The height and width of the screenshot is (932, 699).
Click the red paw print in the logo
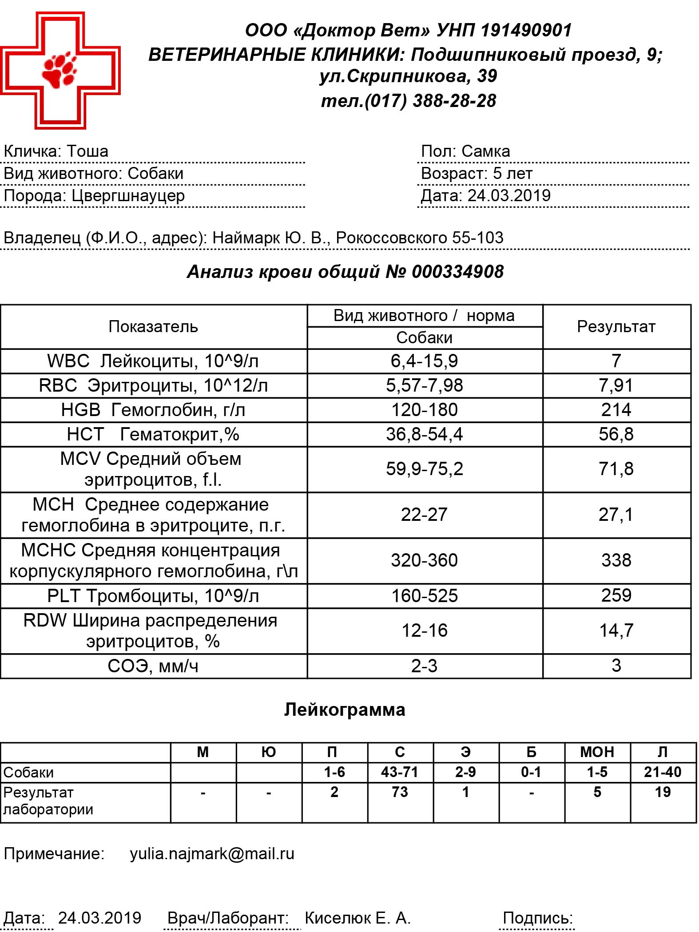tap(59, 69)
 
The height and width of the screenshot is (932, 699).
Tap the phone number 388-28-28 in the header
tap(454, 101)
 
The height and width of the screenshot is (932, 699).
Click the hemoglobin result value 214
tap(616, 410)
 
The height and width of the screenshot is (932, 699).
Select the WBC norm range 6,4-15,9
tap(424, 361)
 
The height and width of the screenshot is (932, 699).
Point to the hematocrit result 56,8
tap(616, 434)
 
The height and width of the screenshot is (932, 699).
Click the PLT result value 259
tap(616, 595)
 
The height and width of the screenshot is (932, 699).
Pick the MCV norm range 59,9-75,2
tap(424, 469)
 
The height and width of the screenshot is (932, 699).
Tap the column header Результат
tap(616, 327)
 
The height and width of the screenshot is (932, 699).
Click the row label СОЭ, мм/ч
tap(153, 666)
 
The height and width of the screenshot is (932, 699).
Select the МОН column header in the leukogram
tap(597, 752)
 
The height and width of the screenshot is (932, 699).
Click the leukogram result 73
tap(400, 792)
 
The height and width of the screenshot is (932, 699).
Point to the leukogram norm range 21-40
tap(663, 772)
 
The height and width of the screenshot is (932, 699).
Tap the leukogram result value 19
tap(663, 792)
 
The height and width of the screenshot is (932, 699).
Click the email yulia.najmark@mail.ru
tap(212, 853)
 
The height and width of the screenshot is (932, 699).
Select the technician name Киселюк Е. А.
tap(357, 918)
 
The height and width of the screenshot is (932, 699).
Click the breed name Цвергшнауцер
tap(128, 196)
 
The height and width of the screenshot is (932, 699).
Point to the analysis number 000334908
tap(458, 272)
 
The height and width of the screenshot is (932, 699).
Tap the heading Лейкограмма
tap(345, 710)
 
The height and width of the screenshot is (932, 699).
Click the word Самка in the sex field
tap(485, 151)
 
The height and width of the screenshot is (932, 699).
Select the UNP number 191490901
tap(526, 30)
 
